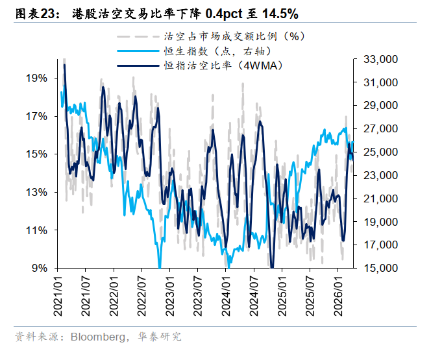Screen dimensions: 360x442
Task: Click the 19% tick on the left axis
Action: click(36, 78)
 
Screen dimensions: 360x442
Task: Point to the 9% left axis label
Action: click(39, 268)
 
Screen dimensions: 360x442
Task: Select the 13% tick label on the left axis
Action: click(36, 192)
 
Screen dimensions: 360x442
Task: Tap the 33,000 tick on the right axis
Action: click(378, 60)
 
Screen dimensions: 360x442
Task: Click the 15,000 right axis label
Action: click(378, 268)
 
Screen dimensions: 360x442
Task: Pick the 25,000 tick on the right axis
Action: click(378, 152)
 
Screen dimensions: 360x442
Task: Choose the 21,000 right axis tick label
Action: click(378, 198)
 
